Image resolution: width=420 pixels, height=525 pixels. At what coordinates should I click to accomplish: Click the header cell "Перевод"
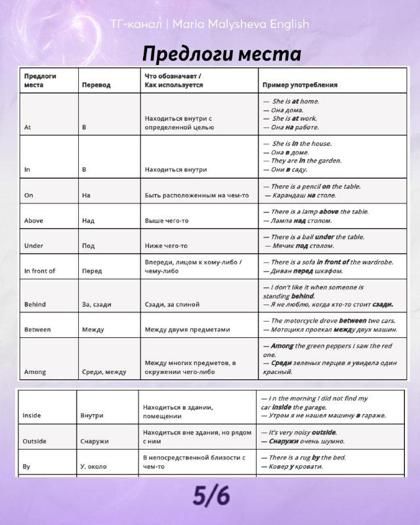pyautogui.click(x=96, y=85)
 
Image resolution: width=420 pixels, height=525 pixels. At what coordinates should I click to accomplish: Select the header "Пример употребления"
pyautogui.click(x=300, y=85)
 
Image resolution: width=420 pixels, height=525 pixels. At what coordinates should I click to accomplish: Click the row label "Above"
pyautogui.click(x=33, y=220)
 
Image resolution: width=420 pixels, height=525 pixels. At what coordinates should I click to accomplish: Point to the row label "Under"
pyautogui.click(x=33, y=245)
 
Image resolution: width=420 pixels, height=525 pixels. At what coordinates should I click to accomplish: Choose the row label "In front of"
pyautogui.click(x=39, y=271)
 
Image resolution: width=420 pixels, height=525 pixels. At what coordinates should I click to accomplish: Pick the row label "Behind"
pyautogui.click(x=35, y=304)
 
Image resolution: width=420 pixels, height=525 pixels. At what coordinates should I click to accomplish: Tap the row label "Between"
pyautogui.click(x=37, y=329)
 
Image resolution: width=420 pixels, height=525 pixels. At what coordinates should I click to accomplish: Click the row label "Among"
pyautogui.click(x=35, y=372)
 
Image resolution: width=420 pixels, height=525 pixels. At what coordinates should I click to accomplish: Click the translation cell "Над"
pyautogui.click(x=89, y=220)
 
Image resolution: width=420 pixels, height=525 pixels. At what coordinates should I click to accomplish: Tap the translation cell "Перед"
pyautogui.click(x=92, y=271)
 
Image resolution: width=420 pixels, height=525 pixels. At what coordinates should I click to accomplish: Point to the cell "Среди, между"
pyautogui.click(x=104, y=372)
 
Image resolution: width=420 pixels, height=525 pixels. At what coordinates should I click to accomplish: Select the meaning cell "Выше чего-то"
pyautogui.click(x=167, y=220)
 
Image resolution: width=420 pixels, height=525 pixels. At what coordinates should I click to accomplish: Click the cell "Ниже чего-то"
pyautogui.click(x=166, y=245)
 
